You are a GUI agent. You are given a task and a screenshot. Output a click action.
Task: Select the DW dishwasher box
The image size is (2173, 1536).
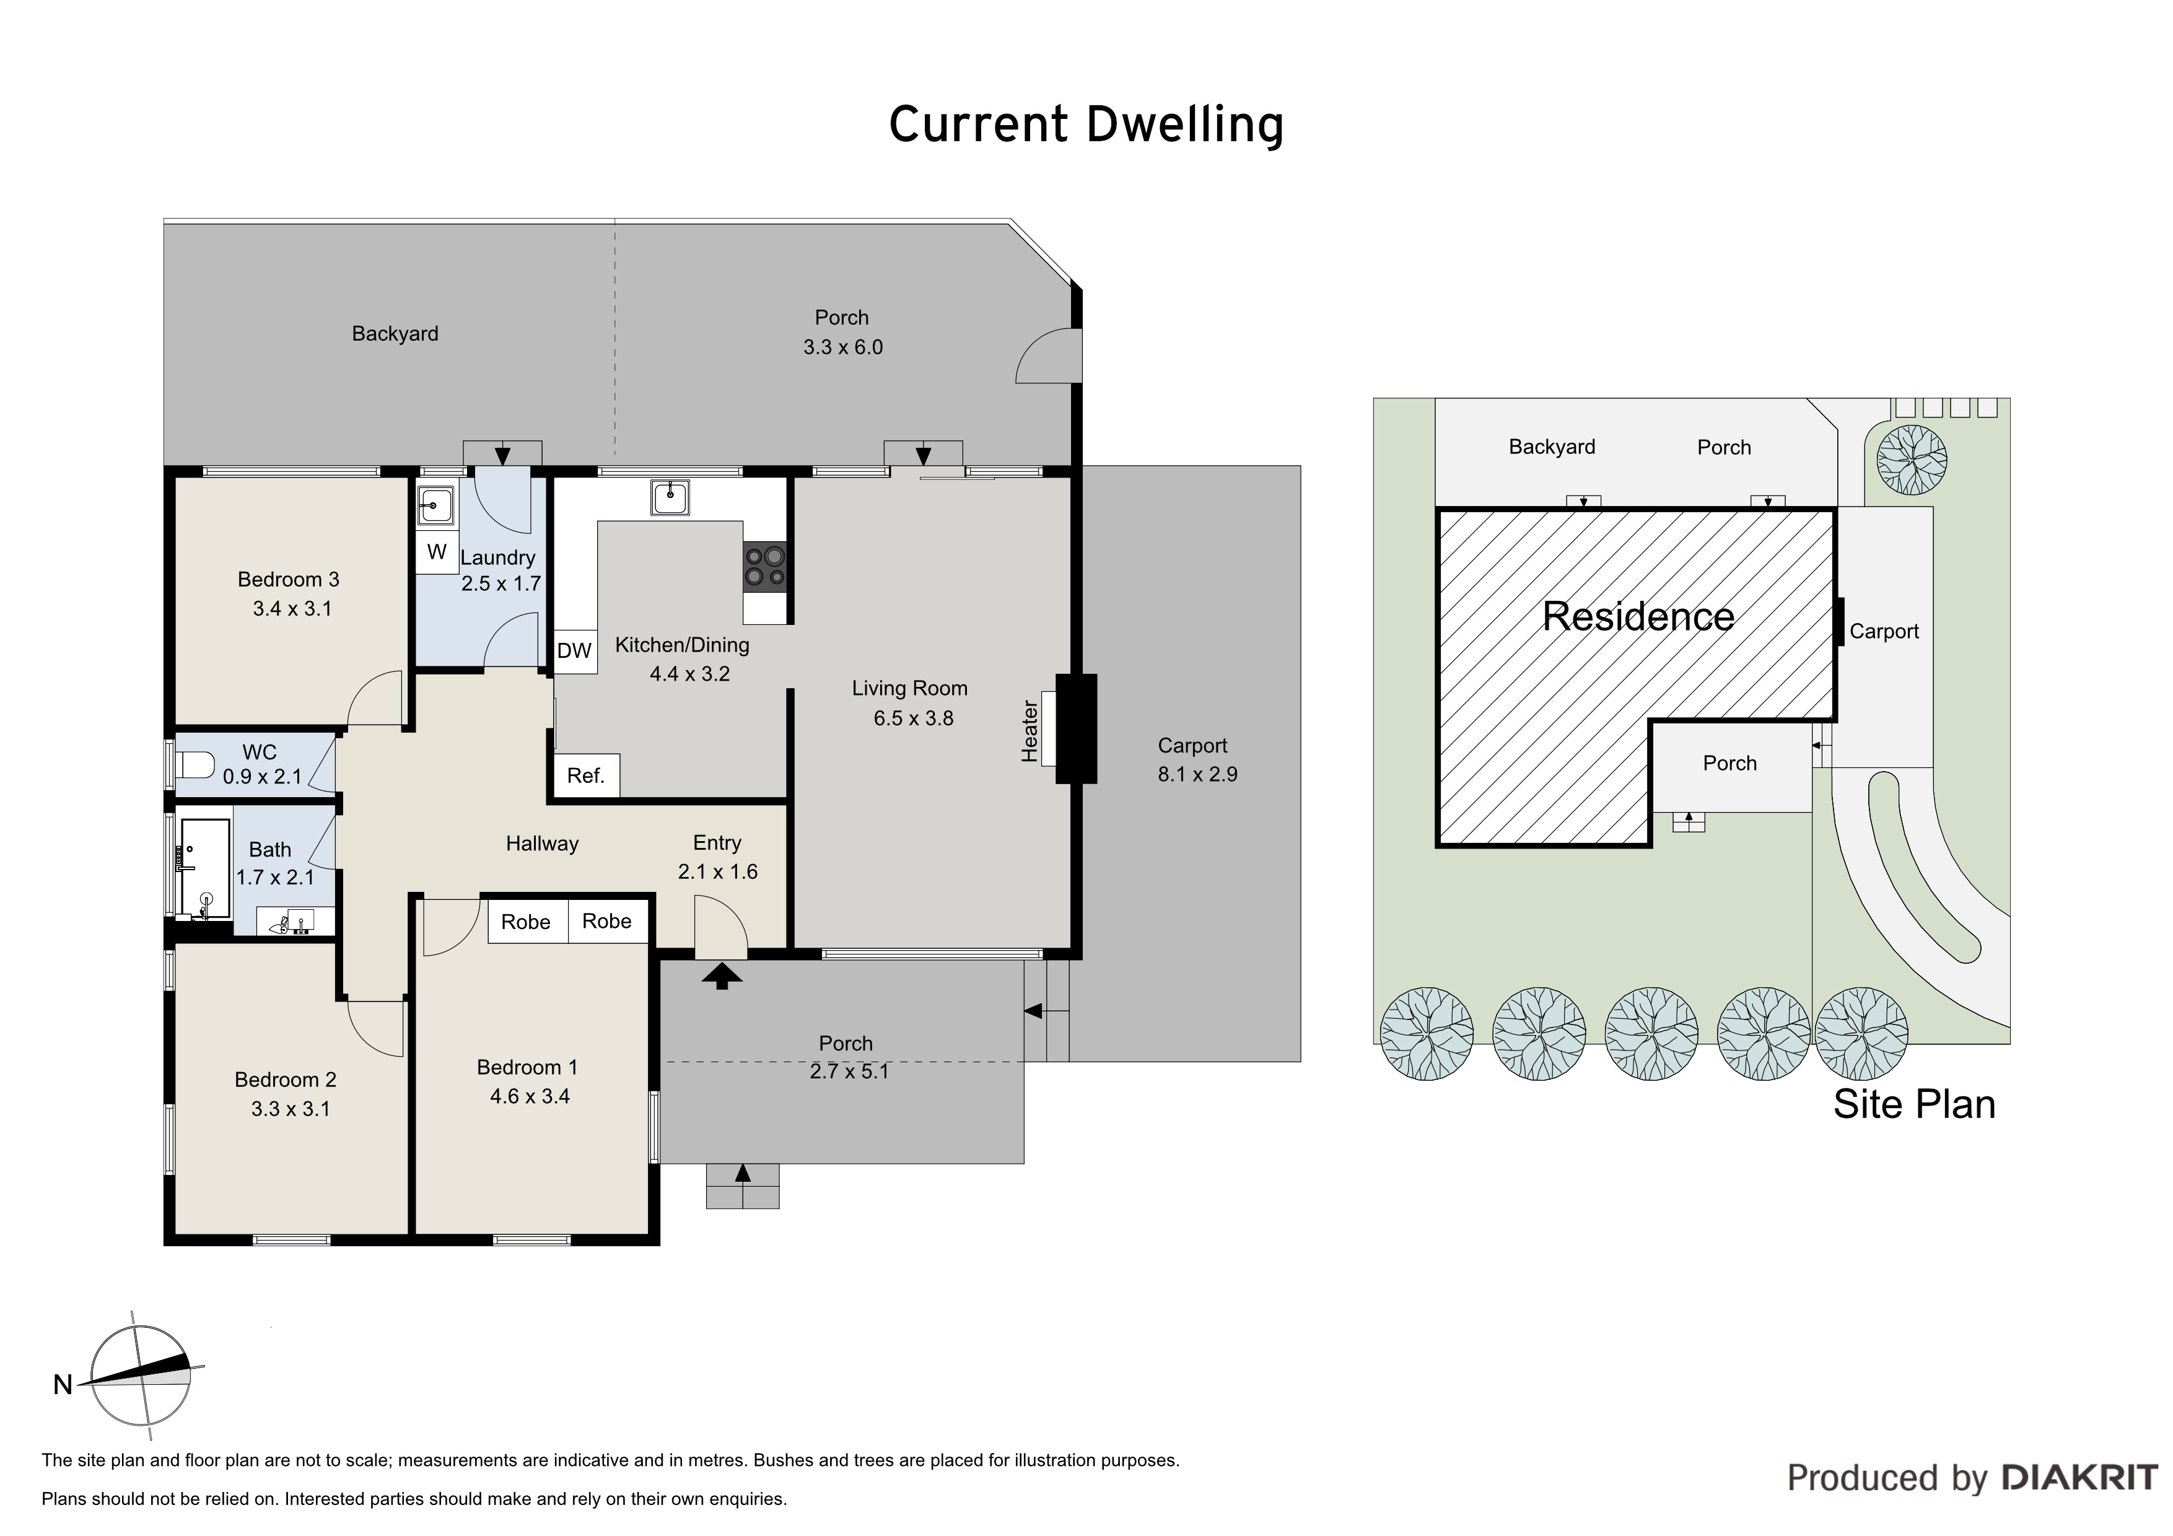(x=574, y=651)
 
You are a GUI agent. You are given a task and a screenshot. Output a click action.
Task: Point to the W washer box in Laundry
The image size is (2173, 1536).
(x=436, y=552)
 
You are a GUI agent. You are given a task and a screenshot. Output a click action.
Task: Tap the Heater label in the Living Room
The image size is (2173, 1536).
(x=1030, y=731)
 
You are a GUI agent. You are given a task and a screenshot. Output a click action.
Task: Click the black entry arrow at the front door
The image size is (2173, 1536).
(x=722, y=975)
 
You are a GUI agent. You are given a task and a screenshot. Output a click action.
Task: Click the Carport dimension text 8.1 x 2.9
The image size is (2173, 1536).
(x=1197, y=774)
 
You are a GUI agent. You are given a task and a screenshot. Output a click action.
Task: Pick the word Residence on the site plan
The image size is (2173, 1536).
(x=1638, y=617)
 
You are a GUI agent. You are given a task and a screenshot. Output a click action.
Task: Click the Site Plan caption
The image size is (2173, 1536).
(x=1913, y=1104)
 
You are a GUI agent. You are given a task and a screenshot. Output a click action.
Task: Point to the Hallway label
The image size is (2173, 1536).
(x=542, y=843)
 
